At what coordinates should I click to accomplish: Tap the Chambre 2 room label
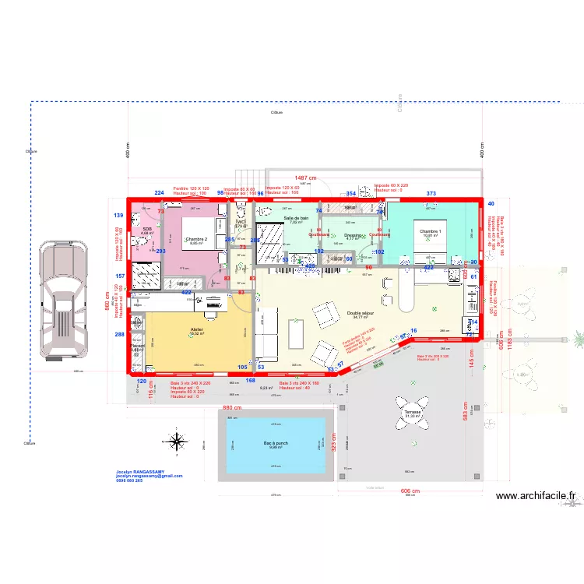pos(195,239)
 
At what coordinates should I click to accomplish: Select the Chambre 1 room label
pos(431,231)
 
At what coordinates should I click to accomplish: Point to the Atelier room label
pos(197,330)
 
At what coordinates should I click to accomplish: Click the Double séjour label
pos(363,313)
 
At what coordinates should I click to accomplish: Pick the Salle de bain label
pos(296,218)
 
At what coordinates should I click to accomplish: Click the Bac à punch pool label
pos(276,443)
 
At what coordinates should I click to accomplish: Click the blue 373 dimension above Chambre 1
pos(431,193)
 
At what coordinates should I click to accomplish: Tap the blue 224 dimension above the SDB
pos(159,192)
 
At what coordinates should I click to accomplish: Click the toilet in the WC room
pos(241,210)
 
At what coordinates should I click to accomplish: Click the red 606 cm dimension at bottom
pos(410,491)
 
